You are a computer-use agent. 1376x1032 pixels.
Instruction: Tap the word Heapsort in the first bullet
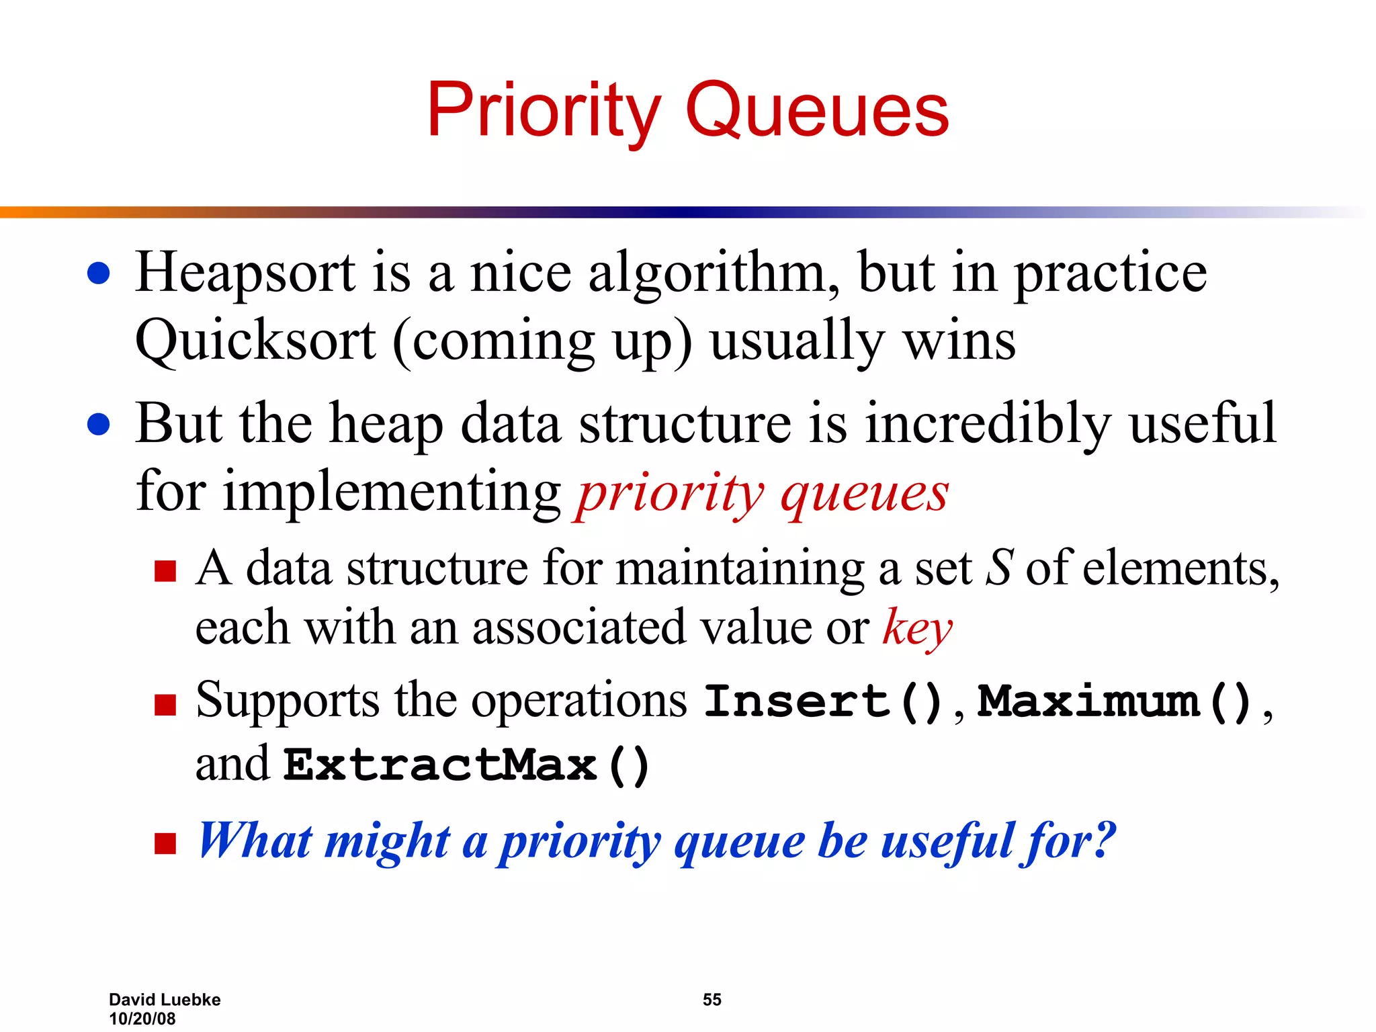245,273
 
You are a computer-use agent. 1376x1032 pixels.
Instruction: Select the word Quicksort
255,341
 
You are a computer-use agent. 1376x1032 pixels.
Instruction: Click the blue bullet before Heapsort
99,273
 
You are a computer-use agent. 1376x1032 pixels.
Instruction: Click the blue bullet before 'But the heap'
99,425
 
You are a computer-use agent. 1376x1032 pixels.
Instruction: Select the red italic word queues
865,494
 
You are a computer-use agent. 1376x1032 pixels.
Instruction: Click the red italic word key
917,628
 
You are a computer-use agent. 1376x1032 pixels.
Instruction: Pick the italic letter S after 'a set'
999,568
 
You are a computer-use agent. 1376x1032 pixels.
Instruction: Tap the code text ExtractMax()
466,765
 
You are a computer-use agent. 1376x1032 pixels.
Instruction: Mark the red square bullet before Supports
165,705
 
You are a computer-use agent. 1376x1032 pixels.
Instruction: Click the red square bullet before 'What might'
165,843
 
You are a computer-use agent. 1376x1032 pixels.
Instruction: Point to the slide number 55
712,1000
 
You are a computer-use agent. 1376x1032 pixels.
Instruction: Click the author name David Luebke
165,1000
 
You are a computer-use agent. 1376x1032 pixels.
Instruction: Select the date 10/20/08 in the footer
142,1019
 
